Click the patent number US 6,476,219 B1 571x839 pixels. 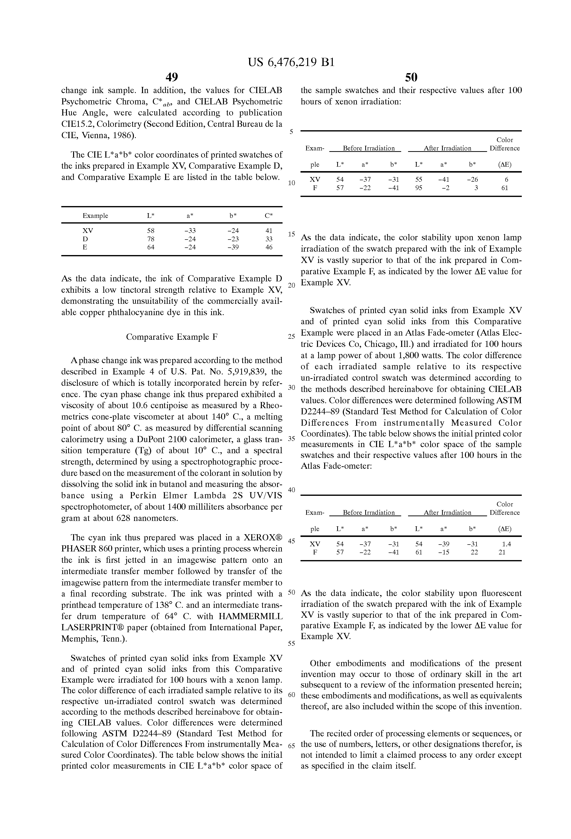coord(291,63)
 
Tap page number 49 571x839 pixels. coord(172,77)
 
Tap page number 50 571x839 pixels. coord(411,77)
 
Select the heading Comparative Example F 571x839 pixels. coord(172,337)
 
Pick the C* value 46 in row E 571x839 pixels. coord(269,247)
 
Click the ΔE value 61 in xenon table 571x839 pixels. coord(505,188)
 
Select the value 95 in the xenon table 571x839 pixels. coord(418,188)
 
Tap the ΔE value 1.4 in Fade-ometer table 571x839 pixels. coord(506,544)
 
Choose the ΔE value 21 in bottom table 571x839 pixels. coord(502,552)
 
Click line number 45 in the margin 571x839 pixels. coord(291,540)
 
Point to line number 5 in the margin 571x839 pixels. coord(291,132)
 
